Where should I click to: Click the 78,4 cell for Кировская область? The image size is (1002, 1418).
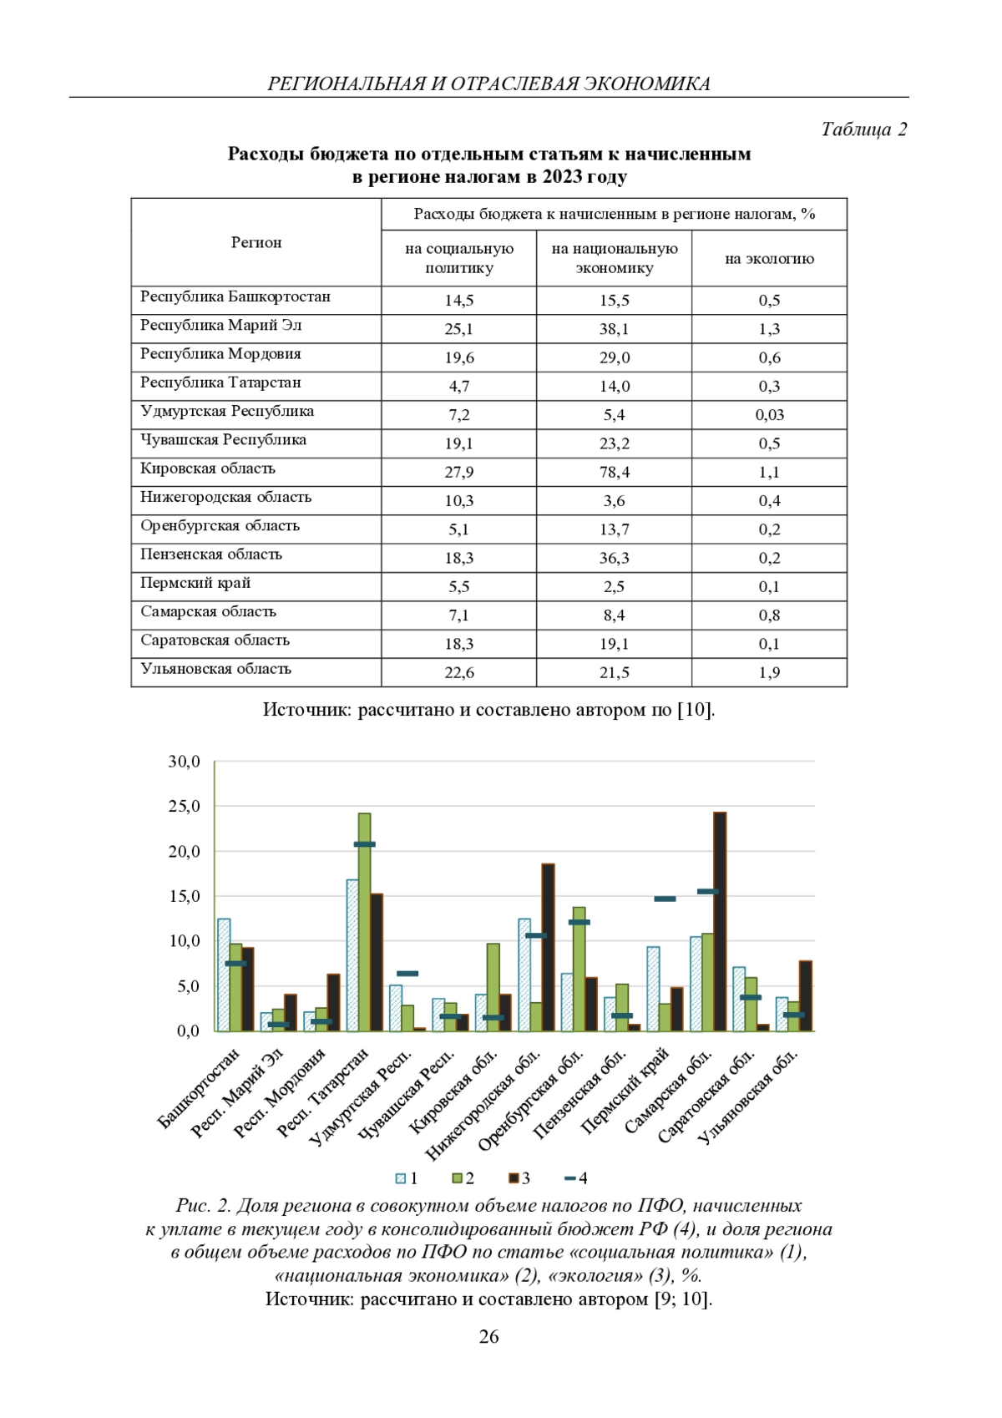coord(614,473)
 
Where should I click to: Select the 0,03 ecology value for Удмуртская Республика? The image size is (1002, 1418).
coord(769,415)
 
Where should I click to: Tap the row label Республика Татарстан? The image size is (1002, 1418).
coord(220,382)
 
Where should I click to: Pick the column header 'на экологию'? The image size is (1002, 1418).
coord(769,259)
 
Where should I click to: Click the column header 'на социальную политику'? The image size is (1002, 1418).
coord(459,258)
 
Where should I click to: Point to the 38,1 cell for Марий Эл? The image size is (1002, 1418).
coord(614,329)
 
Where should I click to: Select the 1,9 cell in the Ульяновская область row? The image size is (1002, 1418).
coord(769,673)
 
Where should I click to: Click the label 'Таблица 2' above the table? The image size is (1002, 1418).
coord(863,129)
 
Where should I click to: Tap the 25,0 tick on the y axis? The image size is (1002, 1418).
coord(185,807)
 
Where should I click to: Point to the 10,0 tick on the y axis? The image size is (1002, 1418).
coord(185,941)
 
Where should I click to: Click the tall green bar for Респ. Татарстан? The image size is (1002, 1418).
coord(365,923)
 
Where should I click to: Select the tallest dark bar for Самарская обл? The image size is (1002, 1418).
coord(720,922)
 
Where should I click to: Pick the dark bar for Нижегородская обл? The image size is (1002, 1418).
coord(548,948)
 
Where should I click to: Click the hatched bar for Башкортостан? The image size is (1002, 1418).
coord(224,975)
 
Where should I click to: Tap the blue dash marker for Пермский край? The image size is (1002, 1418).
coord(665,899)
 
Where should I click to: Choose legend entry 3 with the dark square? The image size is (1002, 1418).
coord(519,1178)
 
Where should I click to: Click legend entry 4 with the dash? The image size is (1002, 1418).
coord(575,1178)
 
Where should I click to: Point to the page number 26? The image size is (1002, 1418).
coord(489,1337)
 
